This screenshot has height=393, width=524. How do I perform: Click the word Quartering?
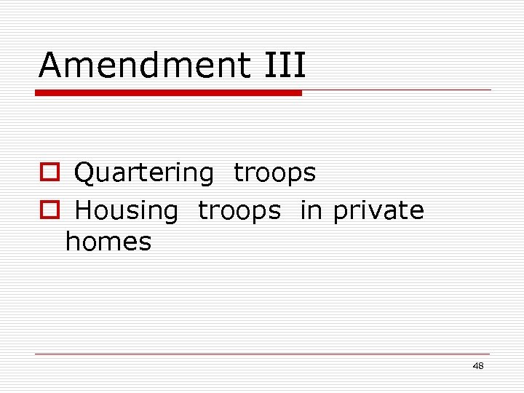[144, 173]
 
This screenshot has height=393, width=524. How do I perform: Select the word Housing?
[127, 211]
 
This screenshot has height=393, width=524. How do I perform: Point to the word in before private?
[311, 210]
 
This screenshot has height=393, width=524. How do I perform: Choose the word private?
[378, 211]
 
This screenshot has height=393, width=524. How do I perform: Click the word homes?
[108, 242]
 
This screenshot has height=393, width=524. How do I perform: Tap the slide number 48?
[478, 366]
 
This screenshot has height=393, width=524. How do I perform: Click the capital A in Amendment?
[49, 65]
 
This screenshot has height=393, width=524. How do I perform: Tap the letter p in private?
[340, 213]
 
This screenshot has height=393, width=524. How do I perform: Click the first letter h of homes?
[72, 242]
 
